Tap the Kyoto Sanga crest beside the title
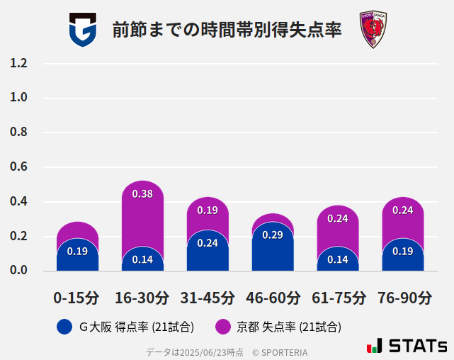pyautogui.click(x=372, y=30)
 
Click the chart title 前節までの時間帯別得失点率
pyautogui.click(x=227, y=30)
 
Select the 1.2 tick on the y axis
pyautogui.click(x=18, y=64)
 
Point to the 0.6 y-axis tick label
pyautogui.click(x=18, y=167)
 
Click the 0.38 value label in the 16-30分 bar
pyautogui.click(x=142, y=194)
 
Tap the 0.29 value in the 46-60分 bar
pyautogui.click(x=273, y=235)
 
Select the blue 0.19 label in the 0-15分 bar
pyautogui.click(x=77, y=251)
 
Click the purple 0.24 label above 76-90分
pyautogui.click(x=402, y=210)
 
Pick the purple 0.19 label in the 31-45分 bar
pyautogui.click(x=208, y=210)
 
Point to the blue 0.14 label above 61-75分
pyautogui.click(x=337, y=259)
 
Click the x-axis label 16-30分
pyautogui.click(x=142, y=298)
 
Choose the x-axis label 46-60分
pyautogui.click(x=273, y=298)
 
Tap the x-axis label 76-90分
pyautogui.click(x=403, y=298)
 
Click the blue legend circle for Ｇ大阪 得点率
pyautogui.click(x=64, y=327)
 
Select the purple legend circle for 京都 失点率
pyautogui.click(x=222, y=327)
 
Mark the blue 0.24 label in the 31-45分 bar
pyautogui.click(x=208, y=243)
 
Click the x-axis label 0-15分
pyautogui.click(x=77, y=298)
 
